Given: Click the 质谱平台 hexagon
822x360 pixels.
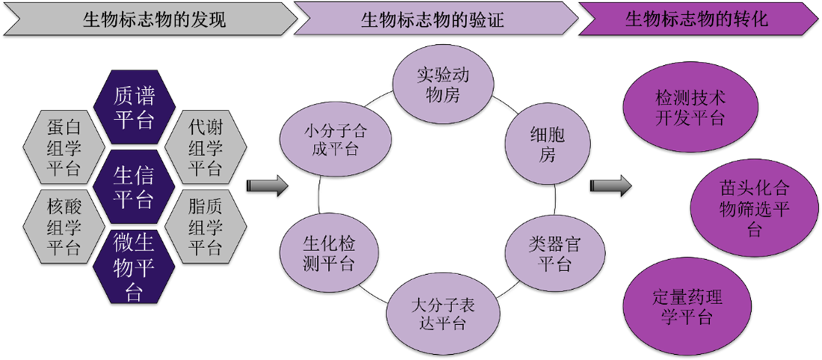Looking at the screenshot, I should pyautogui.click(x=135, y=108).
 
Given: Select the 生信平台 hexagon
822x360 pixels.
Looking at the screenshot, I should pyautogui.click(x=135, y=187).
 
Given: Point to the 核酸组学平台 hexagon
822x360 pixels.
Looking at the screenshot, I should pyautogui.click(x=64, y=227).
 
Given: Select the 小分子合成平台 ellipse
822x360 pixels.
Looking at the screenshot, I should pyautogui.click(x=335, y=139).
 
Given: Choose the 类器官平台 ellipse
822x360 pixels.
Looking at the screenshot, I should pyautogui.click(x=554, y=253).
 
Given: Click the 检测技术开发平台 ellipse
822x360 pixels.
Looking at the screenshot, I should pyautogui.click(x=679, y=108).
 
